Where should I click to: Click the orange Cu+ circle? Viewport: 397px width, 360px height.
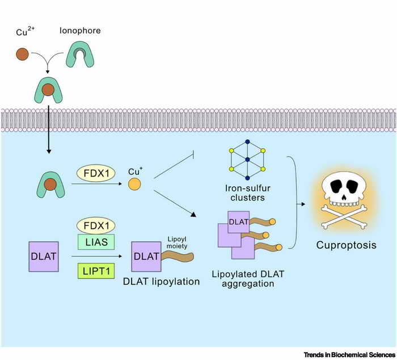pos(134,185)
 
